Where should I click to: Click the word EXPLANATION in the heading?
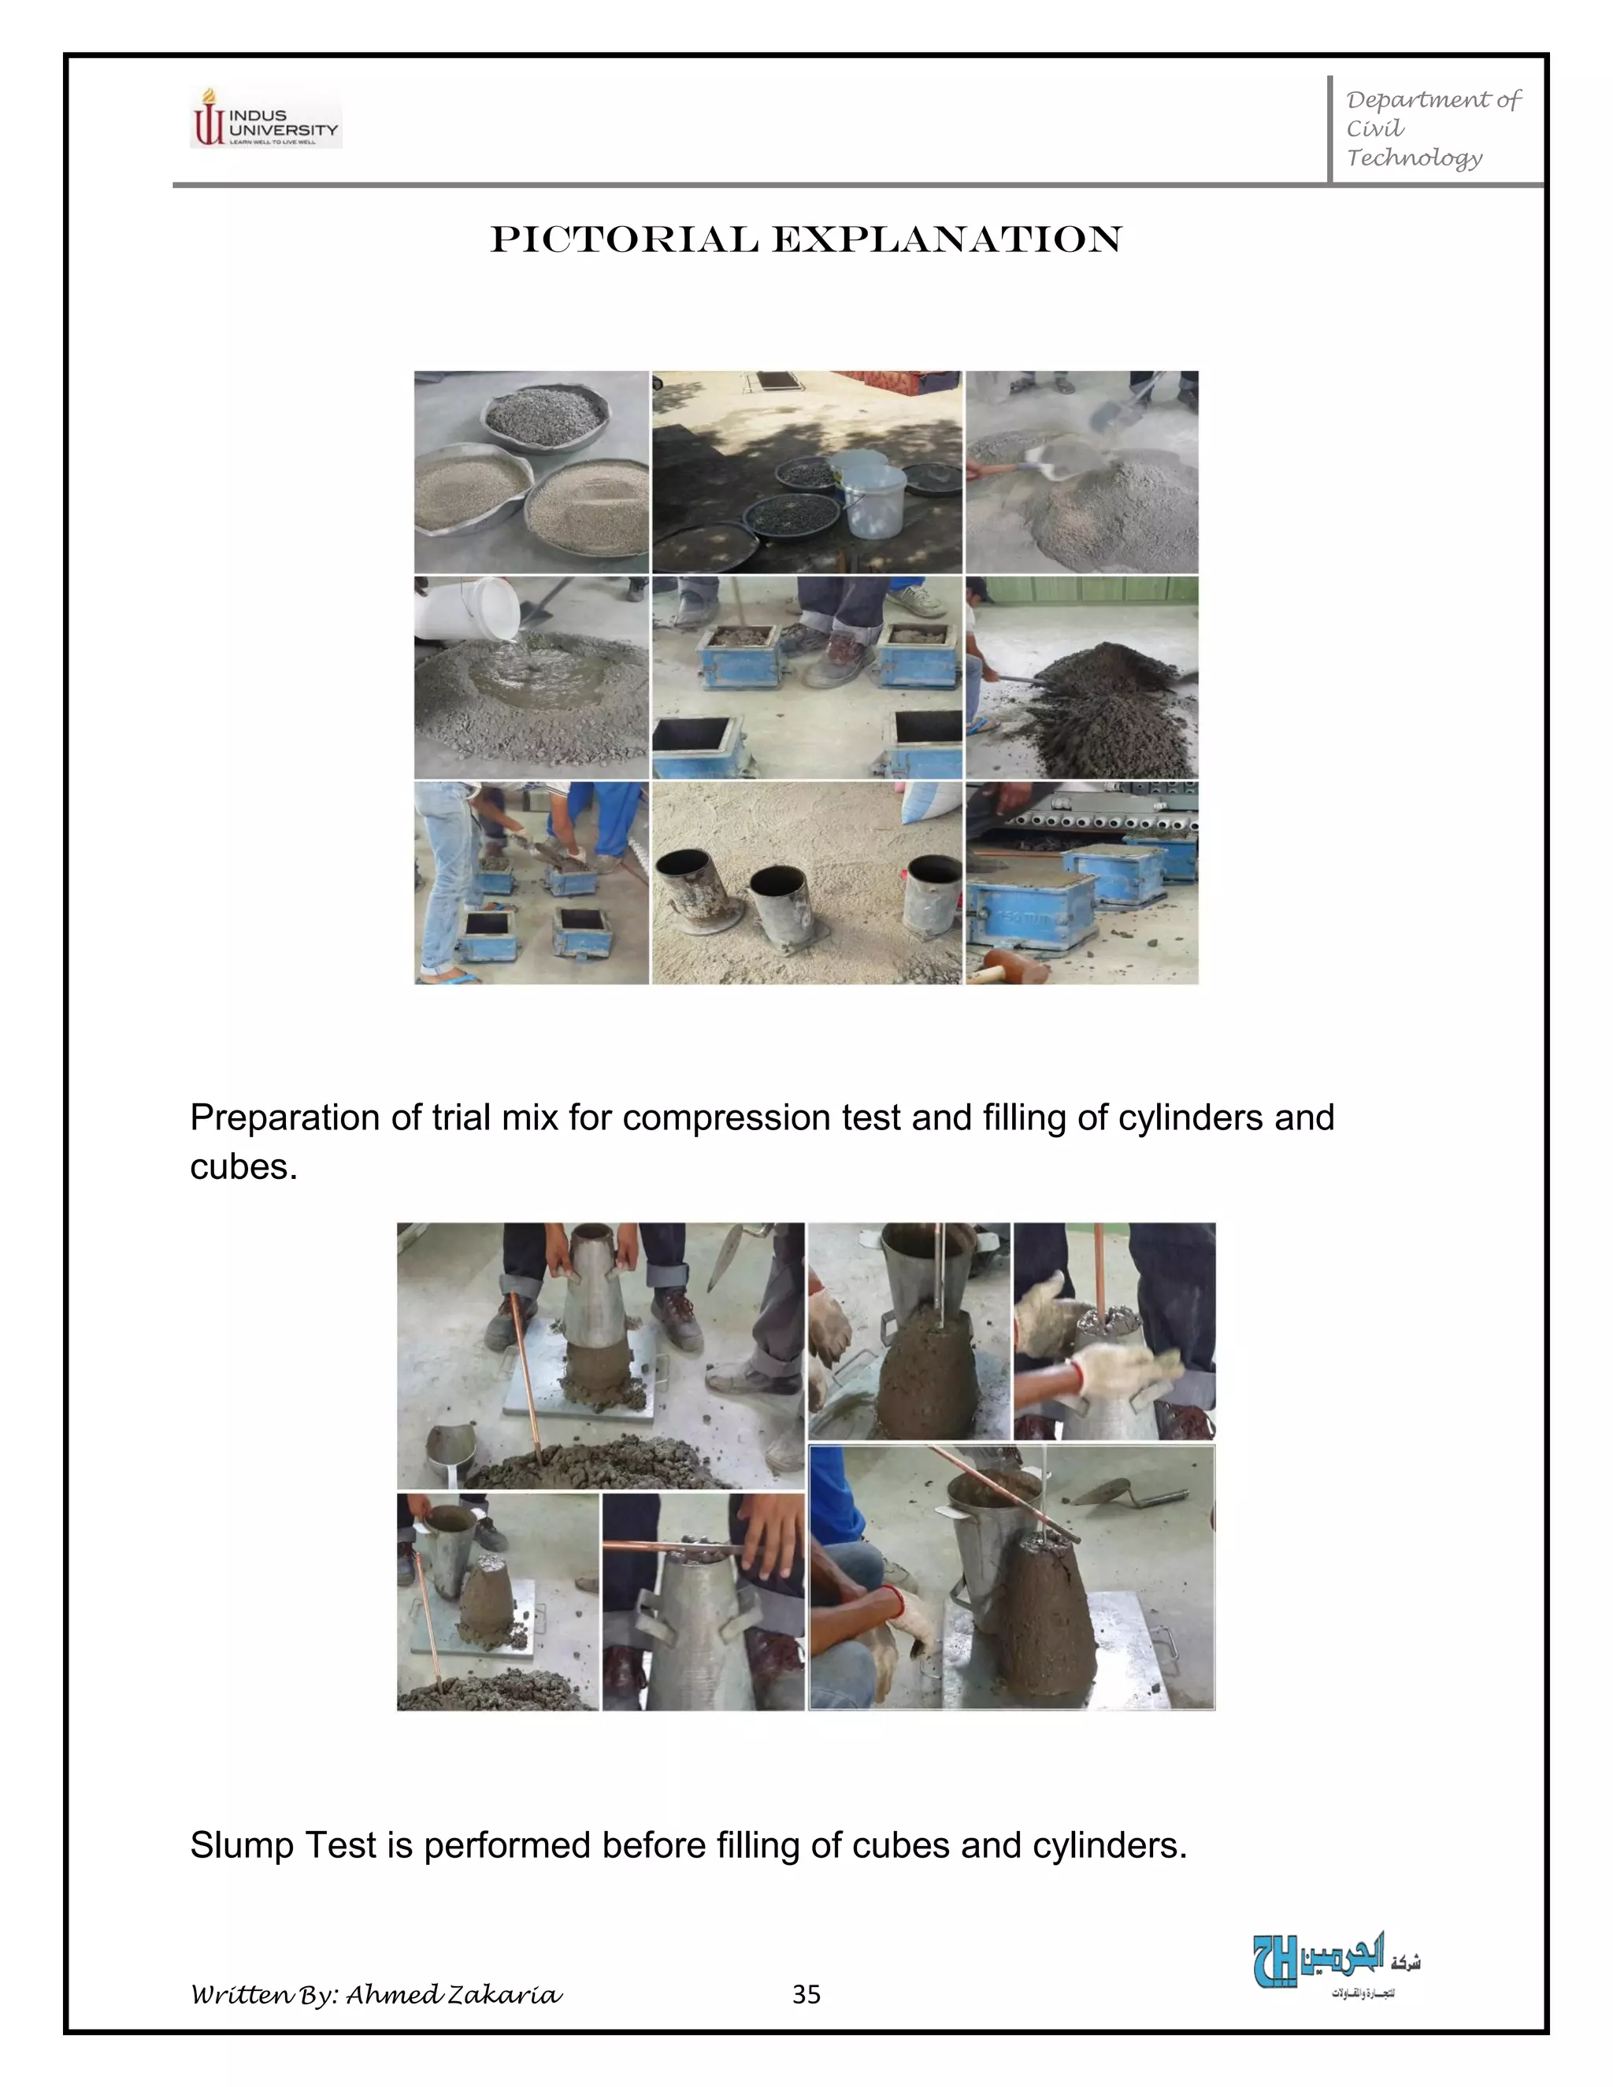[x=946, y=240]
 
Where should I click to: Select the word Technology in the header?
[x=1415, y=158]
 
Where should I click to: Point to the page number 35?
[x=806, y=1994]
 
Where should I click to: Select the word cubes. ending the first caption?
[x=243, y=1167]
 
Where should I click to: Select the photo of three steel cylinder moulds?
[x=806, y=883]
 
